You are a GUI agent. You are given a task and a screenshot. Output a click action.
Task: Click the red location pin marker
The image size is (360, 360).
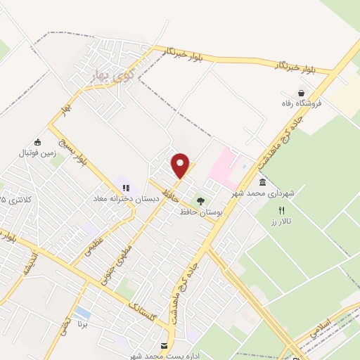point(181,166)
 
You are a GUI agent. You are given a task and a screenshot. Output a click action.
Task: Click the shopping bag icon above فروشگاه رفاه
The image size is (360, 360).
point(302,93)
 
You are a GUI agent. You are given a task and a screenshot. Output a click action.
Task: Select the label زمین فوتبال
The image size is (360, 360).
point(38,152)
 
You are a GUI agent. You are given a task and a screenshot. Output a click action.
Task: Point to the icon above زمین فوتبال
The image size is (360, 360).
point(38,141)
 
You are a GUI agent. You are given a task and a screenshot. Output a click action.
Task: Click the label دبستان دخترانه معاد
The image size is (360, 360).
point(127,199)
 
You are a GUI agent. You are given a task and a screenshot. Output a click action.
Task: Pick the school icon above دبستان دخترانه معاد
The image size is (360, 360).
point(127,188)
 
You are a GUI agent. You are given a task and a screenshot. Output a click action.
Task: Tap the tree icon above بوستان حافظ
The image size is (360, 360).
point(200,201)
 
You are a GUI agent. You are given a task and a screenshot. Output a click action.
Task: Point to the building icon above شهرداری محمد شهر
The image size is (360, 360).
point(262,182)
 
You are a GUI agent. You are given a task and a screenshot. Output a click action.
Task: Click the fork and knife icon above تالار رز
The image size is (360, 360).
point(282,210)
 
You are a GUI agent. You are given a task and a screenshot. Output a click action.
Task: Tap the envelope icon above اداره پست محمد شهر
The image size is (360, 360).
point(165,346)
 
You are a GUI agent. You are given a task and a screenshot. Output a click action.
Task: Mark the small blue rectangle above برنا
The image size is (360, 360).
point(82,311)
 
